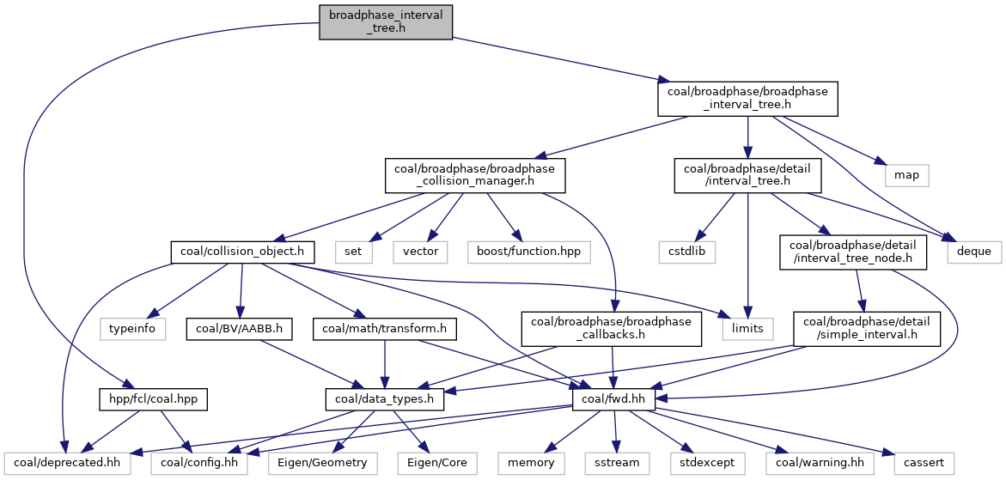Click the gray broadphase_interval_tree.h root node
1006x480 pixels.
click(385, 22)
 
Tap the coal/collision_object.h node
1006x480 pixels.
click(242, 252)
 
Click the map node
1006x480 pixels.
click(906, 175)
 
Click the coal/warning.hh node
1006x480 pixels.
click(820, 462)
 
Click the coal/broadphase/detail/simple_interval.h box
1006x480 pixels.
click(866, 327)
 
